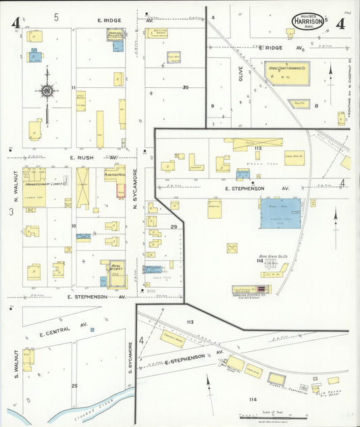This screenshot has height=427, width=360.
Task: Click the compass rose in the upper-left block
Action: point(47,91)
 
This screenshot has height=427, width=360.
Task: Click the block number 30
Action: point(185,87)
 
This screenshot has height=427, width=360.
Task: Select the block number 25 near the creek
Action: point(74,385)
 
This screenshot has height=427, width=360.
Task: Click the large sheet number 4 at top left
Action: point(14,23)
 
